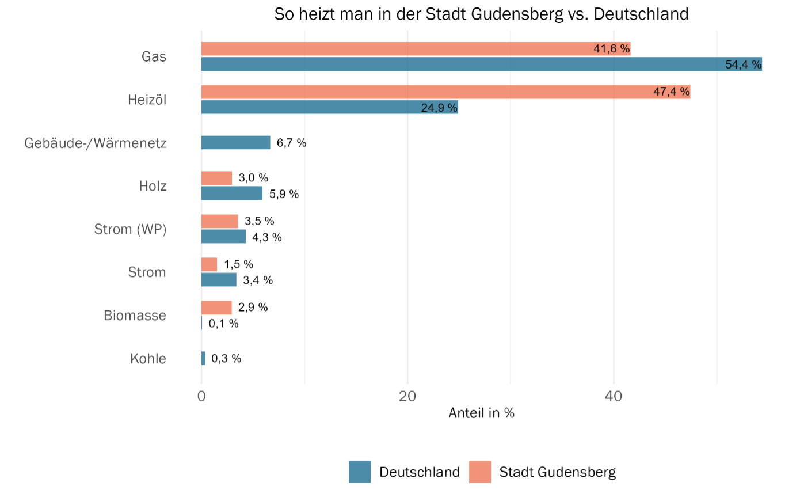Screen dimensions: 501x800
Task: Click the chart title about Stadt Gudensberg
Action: click(481, 14)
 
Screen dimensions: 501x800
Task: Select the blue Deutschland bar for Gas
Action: click(460, 64)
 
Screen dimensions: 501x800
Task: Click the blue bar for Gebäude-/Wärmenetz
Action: click(235, 143)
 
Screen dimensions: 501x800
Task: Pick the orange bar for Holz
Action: click(216, 178)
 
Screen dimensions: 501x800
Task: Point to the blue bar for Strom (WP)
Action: click(223, 237)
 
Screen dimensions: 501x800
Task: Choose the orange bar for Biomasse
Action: click(216, 308)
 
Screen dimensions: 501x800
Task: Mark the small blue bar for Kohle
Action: click(203, 358)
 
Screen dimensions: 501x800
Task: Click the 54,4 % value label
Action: click(743, 64)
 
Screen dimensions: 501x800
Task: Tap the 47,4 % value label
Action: click(671, 92)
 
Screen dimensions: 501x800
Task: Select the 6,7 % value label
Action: click(291, 143)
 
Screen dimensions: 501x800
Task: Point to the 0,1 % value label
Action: click(223, 324)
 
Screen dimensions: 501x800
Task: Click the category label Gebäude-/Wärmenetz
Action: click(96, 143)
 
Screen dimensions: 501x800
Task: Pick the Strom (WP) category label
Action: click(130, 229)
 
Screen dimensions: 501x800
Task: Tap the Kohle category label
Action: click(148, 358)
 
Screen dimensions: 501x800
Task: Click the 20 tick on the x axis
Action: click(407, 396)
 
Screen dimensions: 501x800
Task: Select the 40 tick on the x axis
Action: click(614, 396)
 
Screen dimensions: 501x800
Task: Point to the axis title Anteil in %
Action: click(481, 413)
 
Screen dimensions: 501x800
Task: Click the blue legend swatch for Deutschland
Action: click(360, 472)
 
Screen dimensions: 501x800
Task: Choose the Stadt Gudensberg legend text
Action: click(557, 472)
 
